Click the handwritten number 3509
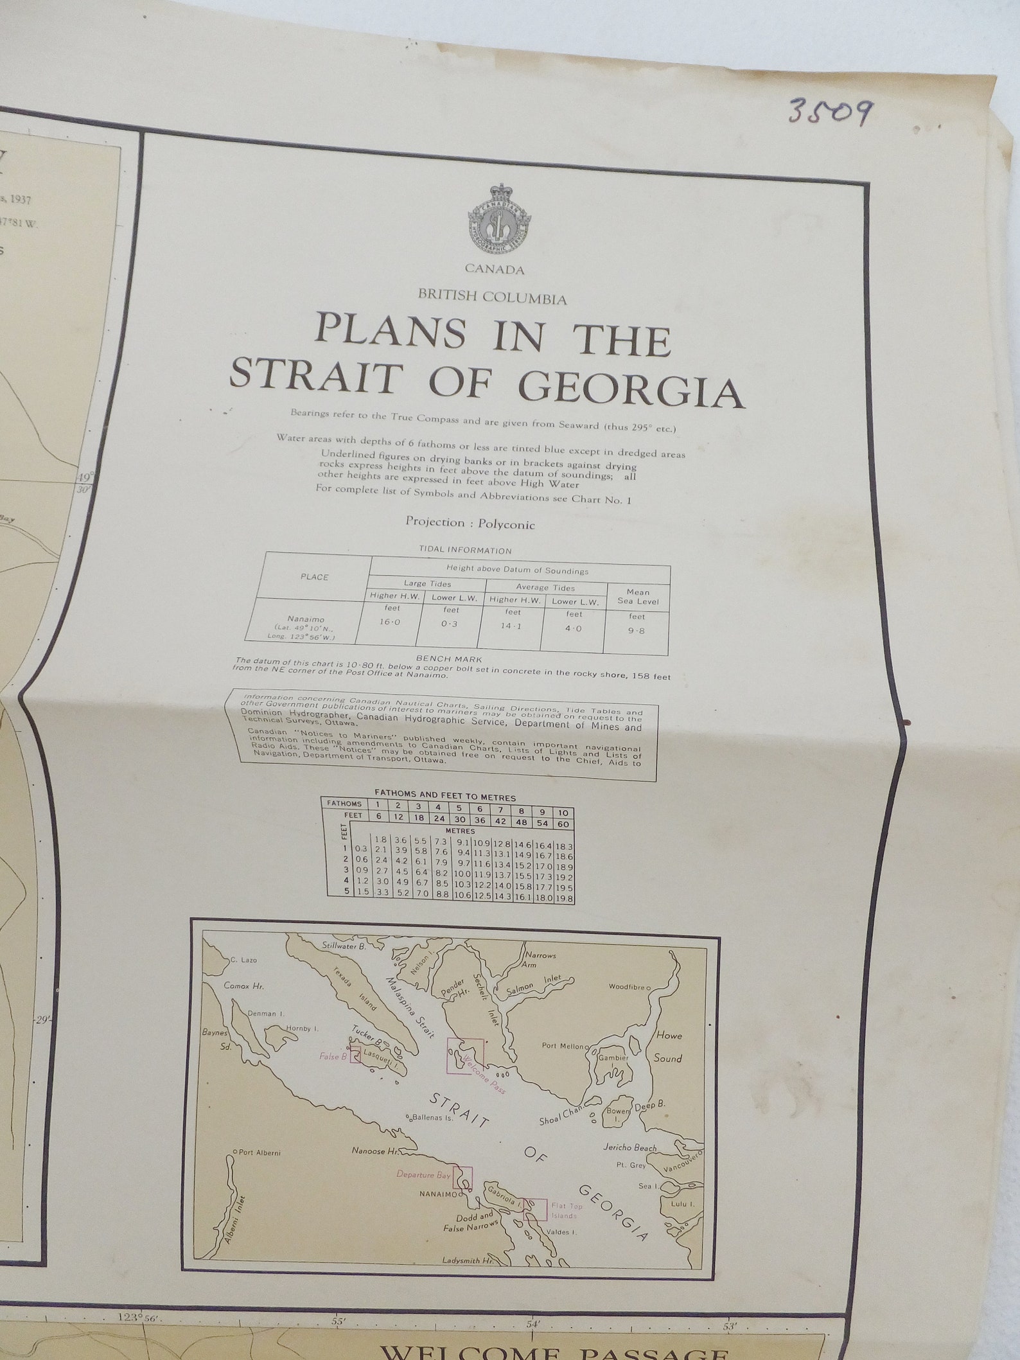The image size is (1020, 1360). (x=829, y=111)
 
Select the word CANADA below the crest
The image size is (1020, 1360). (x=495, y=270)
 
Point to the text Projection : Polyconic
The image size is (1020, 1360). (x=470, y=524)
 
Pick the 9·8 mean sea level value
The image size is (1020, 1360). (x=636, y=630)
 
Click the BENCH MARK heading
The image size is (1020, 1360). (x=440, y=658)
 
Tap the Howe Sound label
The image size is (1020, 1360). (x=668, y=1046)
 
